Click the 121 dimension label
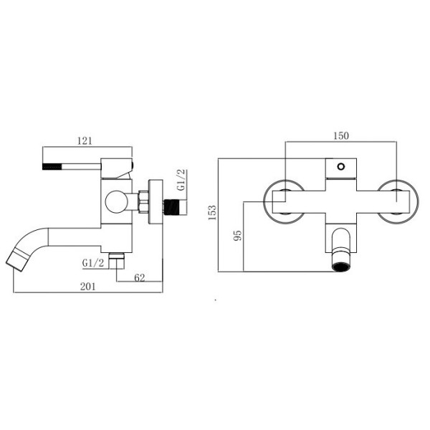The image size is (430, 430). tap(85, 141)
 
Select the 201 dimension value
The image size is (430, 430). tap(88, 287)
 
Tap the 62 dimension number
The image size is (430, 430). tap(140, 278)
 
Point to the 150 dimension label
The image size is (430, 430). tap(341, 135)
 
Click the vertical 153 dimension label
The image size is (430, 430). tap(212, 212)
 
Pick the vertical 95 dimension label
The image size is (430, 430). tap(238, 236)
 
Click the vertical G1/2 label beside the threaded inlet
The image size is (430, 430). tap(181, 180)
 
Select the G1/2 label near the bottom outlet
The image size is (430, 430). tap(93, 263)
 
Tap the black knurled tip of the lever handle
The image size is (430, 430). tap(52, 166)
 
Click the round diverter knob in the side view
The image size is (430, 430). tap(117, 201)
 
